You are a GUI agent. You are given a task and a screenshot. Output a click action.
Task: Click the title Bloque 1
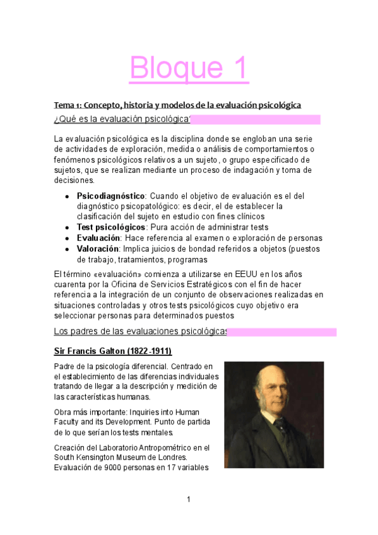click(189, 69)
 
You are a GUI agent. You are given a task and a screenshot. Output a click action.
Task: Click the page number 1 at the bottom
click(189, 500)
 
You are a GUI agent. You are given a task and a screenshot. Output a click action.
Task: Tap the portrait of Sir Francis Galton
click(273, 414)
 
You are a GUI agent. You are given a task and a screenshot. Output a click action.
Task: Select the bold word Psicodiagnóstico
click(111, 196)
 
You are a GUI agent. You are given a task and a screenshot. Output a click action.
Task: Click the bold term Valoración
click(98, 249)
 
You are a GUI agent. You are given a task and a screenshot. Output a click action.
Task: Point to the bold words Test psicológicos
click(111, 227)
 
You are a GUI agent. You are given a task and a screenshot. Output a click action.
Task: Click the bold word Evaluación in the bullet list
click(98, 238)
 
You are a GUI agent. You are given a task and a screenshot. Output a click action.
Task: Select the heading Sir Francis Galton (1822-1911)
click(113, 350)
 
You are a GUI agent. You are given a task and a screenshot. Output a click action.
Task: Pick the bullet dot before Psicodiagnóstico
click(67, 196)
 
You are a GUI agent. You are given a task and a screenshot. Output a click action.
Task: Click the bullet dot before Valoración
click(67, 249)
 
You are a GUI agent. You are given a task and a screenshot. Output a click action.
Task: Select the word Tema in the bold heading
click(64, 104)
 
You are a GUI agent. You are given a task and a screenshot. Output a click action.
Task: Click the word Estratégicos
click(225, 284)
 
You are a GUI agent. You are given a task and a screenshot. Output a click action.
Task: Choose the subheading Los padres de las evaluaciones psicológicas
click(140, 331)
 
